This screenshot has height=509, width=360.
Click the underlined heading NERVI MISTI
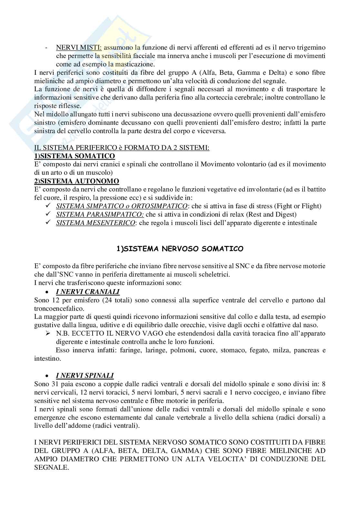(79, 48)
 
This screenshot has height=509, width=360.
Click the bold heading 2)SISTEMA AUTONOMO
(76, 181)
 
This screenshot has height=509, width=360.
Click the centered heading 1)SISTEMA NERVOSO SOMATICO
(180, 249)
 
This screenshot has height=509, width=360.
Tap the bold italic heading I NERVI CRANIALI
(88, 292)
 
